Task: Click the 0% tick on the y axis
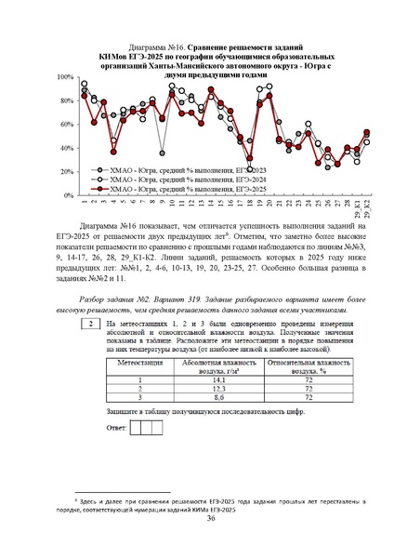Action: (68, 196)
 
